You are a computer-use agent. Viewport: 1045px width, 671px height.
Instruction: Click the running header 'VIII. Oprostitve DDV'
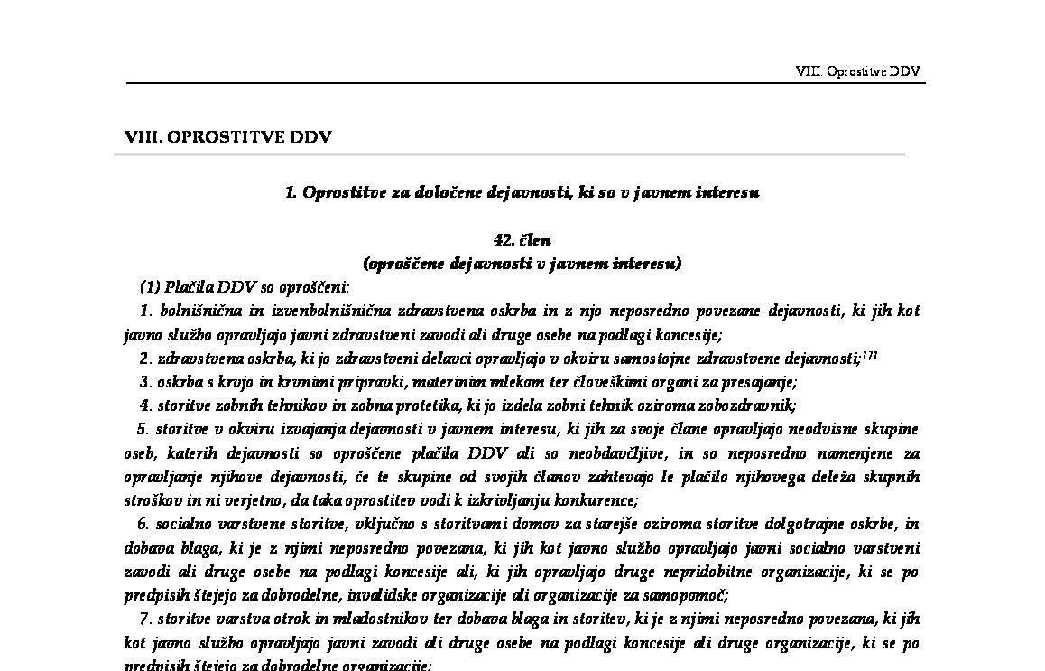(x=857, y=71)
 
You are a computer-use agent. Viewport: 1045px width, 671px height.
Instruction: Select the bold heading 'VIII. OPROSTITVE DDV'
(x=228, y=137)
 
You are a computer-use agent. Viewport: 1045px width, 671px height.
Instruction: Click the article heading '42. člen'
(x=522, y=240)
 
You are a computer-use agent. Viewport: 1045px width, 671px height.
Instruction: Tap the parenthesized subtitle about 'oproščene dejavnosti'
(x=522, y=264)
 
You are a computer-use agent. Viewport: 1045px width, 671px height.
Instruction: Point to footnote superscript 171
(x=870, y=356)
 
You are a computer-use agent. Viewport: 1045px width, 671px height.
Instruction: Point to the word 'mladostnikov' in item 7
(x=368, y=620)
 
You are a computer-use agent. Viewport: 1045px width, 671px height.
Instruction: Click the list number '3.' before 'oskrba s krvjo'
(x=145, y=382)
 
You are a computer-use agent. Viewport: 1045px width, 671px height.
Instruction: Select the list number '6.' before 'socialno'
(x=143, y=524)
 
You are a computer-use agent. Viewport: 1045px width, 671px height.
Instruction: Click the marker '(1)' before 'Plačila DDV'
(x=150, y=288)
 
